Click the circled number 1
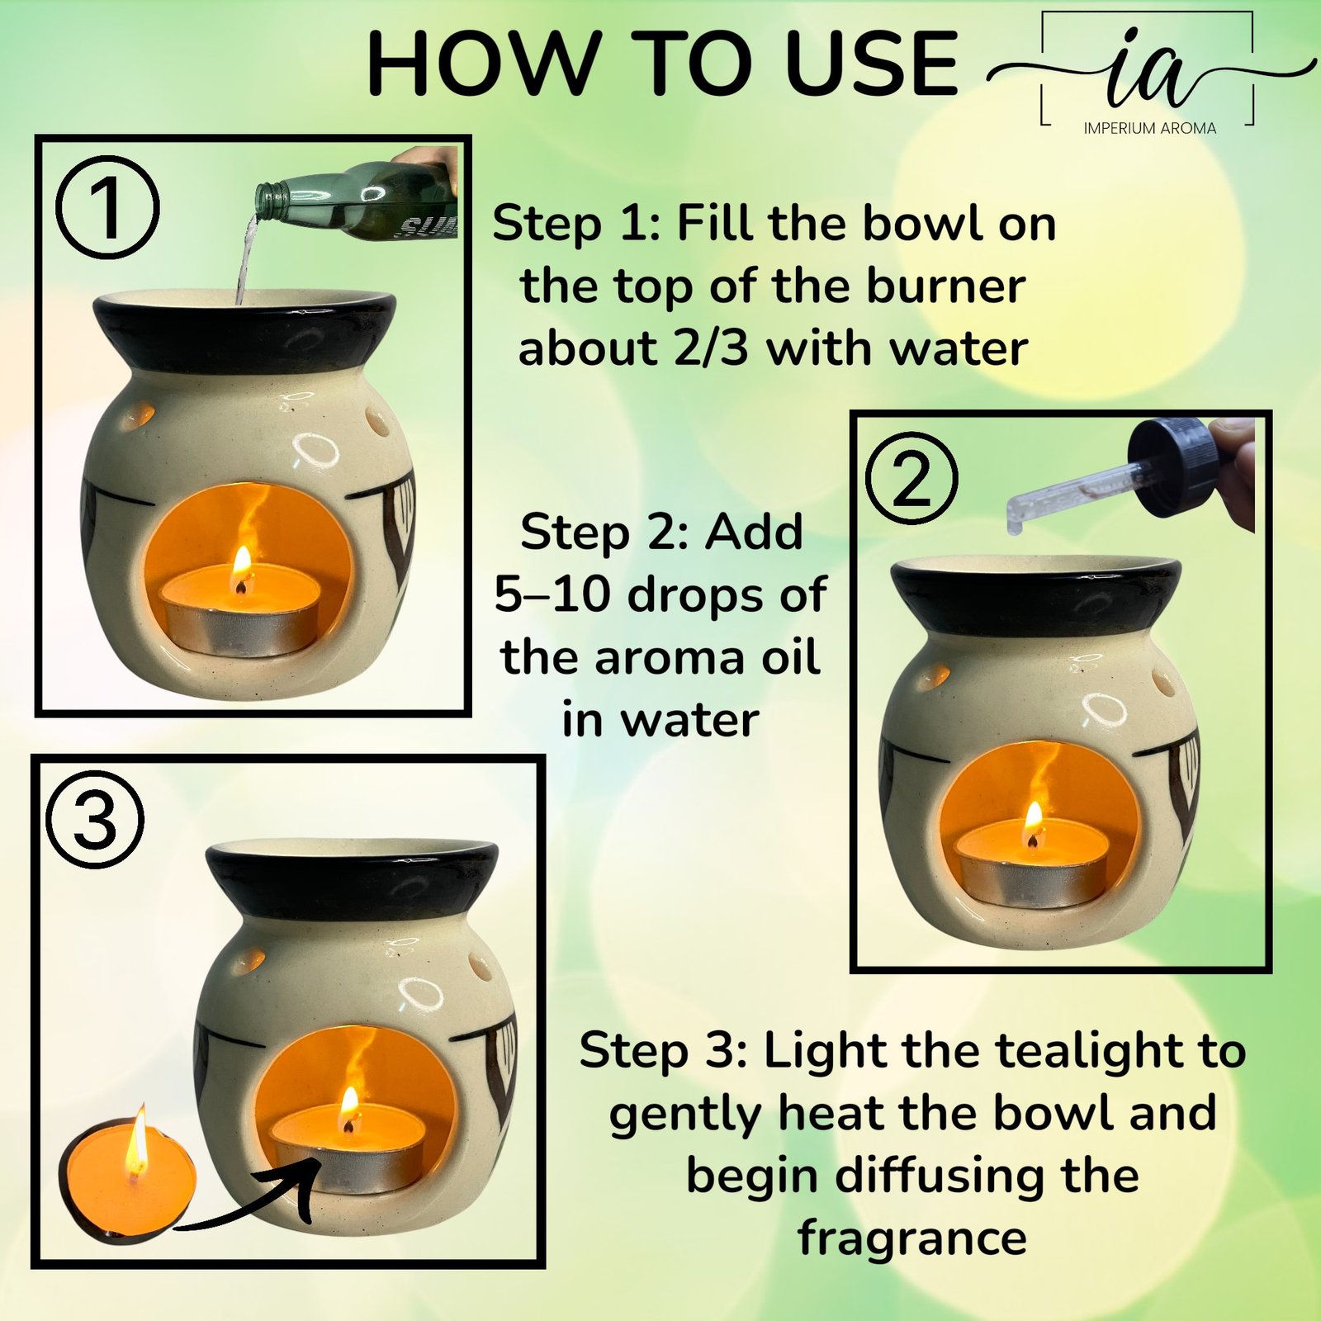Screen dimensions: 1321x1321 (x=108, y=207)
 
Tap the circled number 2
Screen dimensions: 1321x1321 (x=912, y=478)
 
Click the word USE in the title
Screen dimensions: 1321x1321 (x=873, y=63)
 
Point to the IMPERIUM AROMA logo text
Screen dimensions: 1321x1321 (x=1149, y=128)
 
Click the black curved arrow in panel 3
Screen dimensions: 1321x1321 (x=248, y=1201)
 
